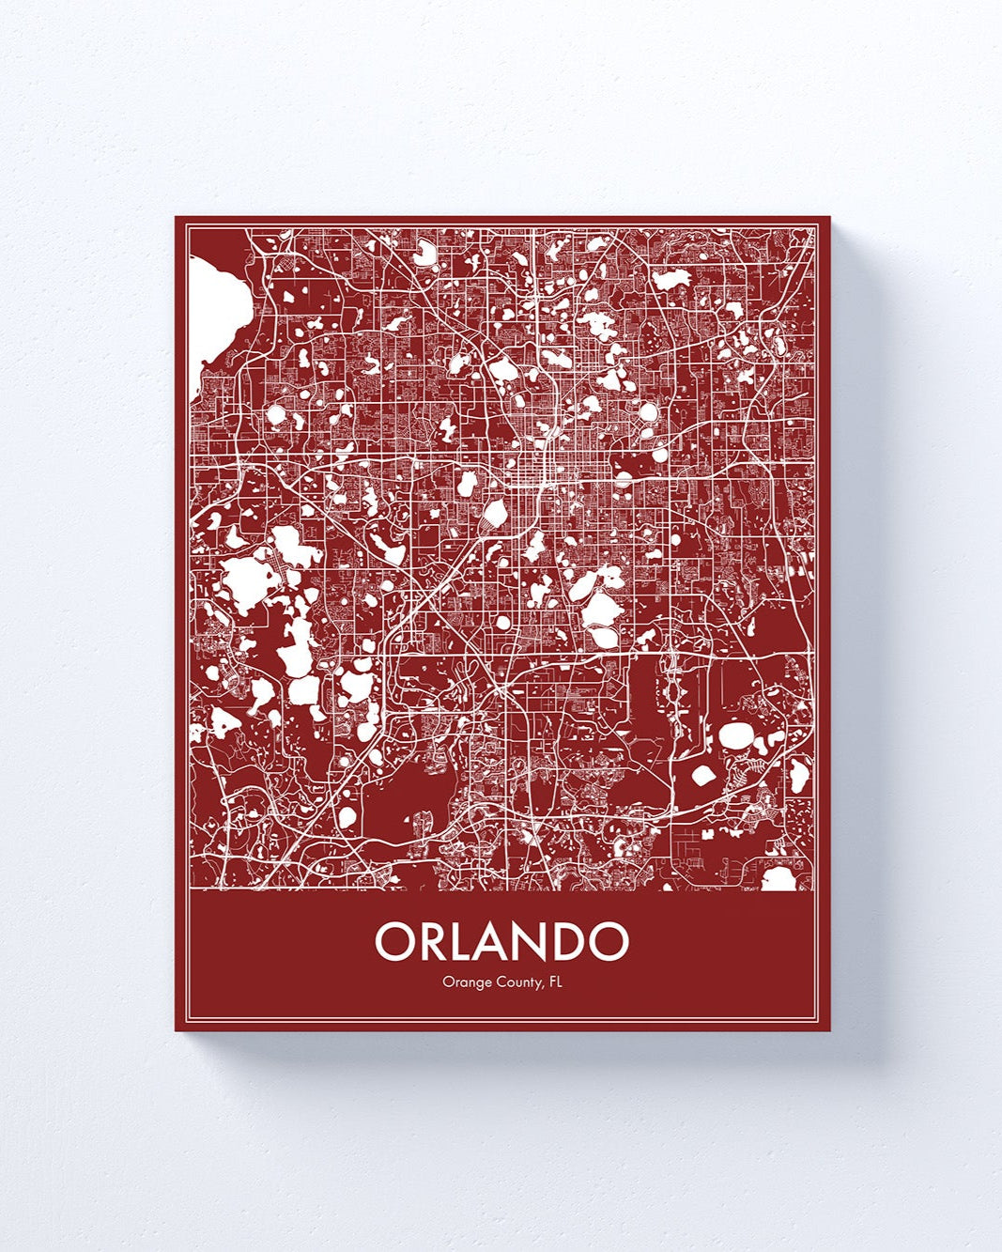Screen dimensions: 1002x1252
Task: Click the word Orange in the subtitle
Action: click(465, 984)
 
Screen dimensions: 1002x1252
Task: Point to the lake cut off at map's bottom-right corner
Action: click(778, 879)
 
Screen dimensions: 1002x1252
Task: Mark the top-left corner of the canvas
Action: click(176, 217)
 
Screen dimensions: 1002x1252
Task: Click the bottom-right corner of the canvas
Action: click(830, 1030)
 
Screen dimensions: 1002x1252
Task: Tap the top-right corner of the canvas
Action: click(830, 217)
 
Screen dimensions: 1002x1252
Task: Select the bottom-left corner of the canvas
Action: click(176, 1030)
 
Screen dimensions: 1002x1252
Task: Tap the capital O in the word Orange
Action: click(447, 983)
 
